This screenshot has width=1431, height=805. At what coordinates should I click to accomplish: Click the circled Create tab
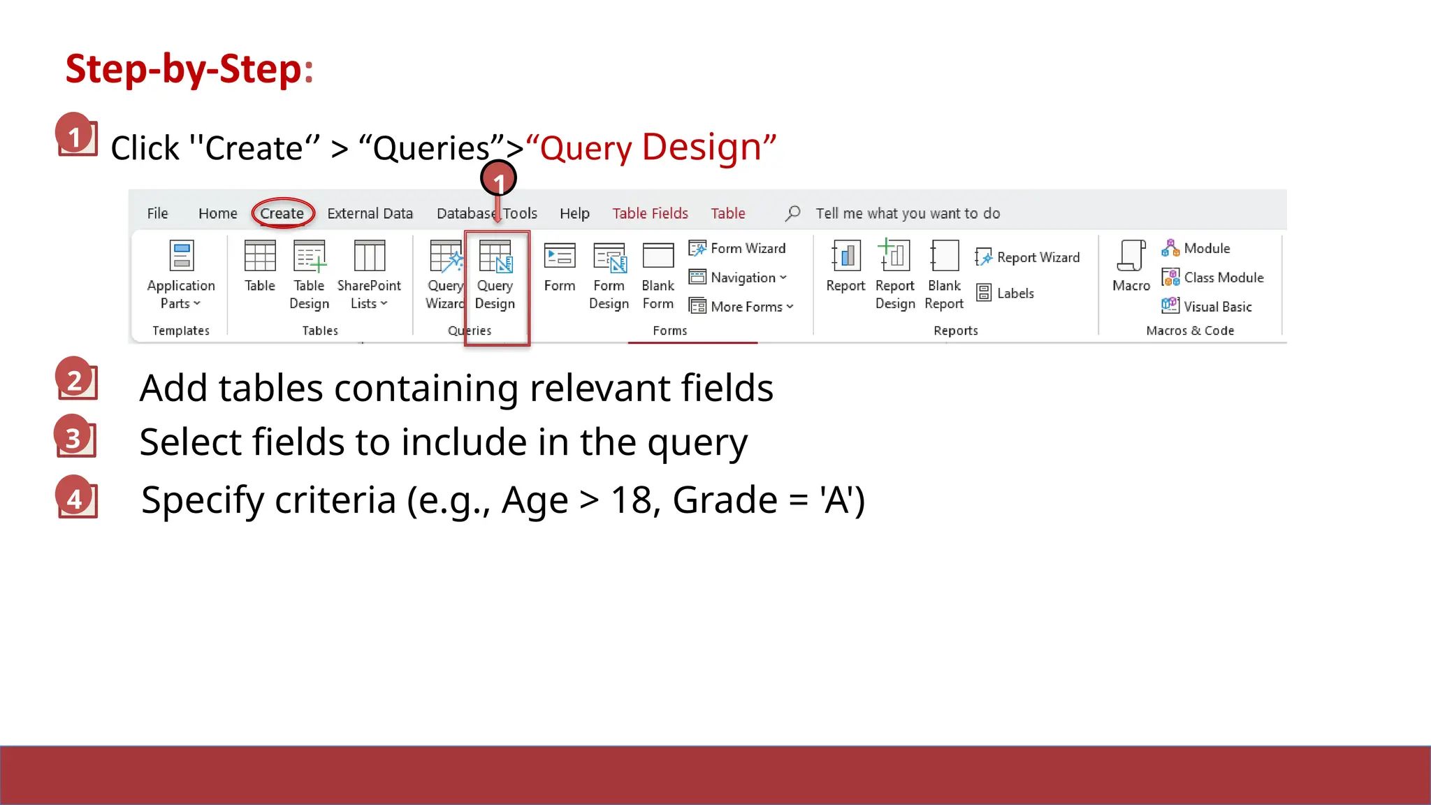pos(282,213)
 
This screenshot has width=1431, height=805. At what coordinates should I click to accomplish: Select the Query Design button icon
pos(495,256)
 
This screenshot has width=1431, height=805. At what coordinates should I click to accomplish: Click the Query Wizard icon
pos(445,256)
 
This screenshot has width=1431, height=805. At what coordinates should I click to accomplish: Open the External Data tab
pos(370,213)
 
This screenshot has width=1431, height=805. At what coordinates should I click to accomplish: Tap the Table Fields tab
pos(650,213)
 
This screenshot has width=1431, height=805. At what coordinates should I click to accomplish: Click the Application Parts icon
pos(181,256)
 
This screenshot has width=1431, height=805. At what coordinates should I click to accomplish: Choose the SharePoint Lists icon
pos(369,256)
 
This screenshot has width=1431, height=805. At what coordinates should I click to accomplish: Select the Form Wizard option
pos(738,248)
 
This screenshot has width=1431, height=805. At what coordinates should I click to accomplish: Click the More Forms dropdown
pos(742,306)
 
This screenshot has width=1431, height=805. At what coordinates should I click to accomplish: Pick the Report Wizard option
pos(1029,257)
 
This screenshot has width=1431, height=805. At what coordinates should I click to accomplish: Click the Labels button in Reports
pos(1006,293)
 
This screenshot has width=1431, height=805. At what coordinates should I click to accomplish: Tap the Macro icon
pos(1131,256)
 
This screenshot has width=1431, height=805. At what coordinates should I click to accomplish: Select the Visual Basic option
pos(1207,306)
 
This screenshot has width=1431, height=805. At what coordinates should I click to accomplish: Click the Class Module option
pos(1213,277)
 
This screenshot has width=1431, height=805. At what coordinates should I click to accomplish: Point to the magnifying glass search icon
pos(792,213)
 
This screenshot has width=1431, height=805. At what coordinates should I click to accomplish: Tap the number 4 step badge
pos(75,498)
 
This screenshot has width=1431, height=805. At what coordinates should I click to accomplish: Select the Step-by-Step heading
pos(189,69)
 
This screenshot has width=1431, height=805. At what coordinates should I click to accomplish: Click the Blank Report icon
pos(944,256)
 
